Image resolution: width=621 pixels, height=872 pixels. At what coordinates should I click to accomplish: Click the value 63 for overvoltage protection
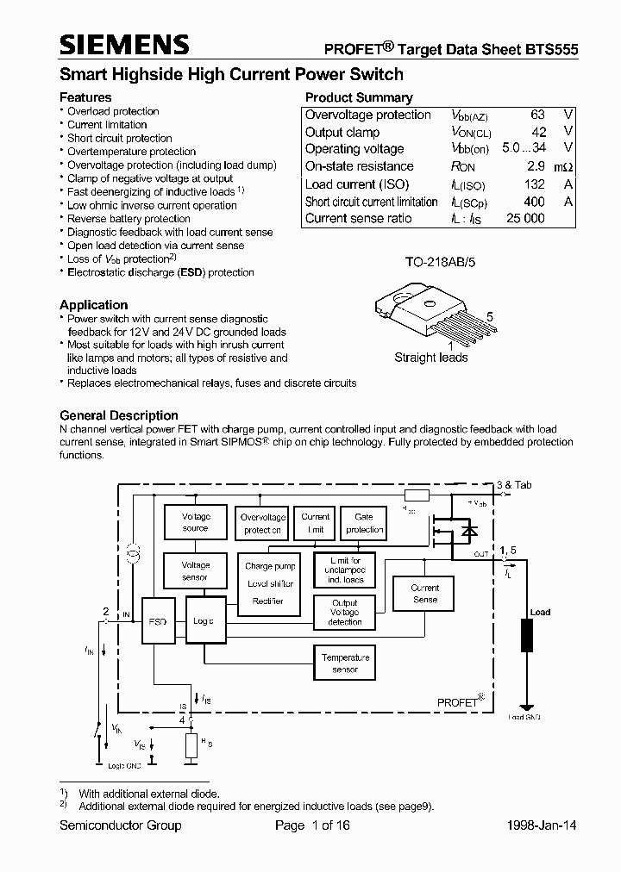point(537,115)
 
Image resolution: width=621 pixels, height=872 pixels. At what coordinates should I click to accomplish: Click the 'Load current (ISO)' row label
point(357,184)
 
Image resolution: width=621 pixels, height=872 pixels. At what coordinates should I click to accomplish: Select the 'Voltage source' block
point(196,522)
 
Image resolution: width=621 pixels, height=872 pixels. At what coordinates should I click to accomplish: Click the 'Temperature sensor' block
point(345,663)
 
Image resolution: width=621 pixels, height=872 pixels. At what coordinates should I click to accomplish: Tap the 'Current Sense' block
point(425,594)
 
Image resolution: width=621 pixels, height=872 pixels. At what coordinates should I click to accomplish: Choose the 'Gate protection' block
point(364,523)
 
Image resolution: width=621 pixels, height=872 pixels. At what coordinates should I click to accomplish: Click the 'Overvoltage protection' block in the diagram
point(262,524)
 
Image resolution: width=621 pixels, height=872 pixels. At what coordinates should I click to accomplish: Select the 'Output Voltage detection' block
point(345,613)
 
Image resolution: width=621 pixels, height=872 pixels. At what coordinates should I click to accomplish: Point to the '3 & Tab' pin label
point(515,485)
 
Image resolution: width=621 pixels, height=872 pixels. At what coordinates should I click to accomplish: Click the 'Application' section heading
point(93,305)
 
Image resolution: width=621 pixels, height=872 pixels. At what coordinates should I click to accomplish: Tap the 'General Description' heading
point(119,415)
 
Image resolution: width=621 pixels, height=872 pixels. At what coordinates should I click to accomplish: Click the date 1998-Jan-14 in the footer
point(542,825)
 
